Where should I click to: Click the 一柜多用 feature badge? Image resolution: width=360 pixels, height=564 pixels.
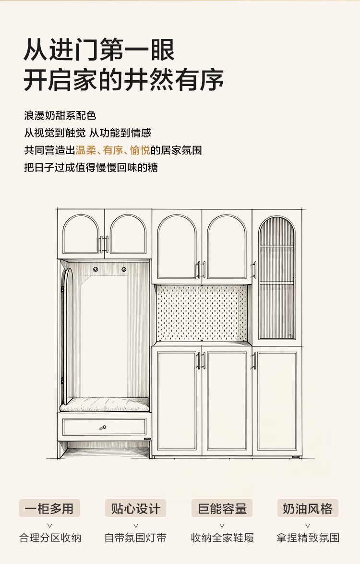pyautogui.click(x=49, y=508)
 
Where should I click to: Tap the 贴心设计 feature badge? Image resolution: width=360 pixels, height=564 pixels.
pyautogui.click(x=136, y=508)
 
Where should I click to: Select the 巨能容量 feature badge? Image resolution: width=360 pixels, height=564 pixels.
pyautogui.click(x=222, y=508)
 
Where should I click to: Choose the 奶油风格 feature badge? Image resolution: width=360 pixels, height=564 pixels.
pyautogui.click(x=308, y=508)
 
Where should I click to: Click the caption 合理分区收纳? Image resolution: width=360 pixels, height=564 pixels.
pyautogui.click(x=50, y=538)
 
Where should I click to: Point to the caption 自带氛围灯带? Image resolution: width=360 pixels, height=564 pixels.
pyautogui.click(x=136, y=538)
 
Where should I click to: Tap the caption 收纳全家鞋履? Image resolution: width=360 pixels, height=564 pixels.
pyautogui.click(x=222, y=538)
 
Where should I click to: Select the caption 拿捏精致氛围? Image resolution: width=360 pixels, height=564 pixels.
pyautogui.click(x=308, y=538)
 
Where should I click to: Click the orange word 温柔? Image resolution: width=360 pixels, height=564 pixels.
pyautogui.click(x=86, y=150)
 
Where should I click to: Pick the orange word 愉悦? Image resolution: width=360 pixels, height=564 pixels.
pyautogui.click(x=140, y=150)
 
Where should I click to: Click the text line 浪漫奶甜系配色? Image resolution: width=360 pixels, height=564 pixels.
pyautogui.click(x=60, y=116)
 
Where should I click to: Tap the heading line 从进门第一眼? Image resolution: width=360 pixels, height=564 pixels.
pyautogui.click(x=99, y=50)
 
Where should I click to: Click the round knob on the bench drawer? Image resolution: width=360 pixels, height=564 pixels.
pyautogui.click(x=103, y=427)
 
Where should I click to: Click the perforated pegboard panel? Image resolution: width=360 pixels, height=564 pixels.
pyautogui.click(x=202, y=312)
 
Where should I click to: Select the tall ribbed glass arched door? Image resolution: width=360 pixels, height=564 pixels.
pyautogui.click(x=276, y=279)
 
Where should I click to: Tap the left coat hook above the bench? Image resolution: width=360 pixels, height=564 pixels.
pyautogui.click(x=96, y=268)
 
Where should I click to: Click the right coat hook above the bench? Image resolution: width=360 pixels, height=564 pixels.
pyautogui.click(x=123, y=268)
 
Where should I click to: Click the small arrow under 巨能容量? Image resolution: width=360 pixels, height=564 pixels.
pyautogui.click(x=222, y=526)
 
